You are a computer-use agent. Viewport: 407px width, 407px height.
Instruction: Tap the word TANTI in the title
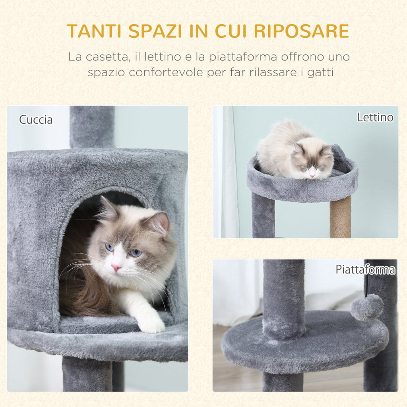click(x=91, y=31)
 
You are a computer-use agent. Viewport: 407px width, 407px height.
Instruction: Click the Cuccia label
click(x=36, y=120)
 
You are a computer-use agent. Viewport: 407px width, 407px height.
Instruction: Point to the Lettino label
click(x=375, y=117)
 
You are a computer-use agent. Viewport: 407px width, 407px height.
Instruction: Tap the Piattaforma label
click(x=365, y=269)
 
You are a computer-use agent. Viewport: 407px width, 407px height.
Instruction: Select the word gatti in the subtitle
click(x=320, y=73)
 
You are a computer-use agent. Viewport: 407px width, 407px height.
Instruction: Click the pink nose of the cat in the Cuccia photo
click(x=116, y=267)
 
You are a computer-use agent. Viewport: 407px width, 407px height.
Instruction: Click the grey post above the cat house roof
click(x=92, y=126)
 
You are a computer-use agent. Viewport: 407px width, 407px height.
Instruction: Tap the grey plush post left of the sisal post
click(x=263, y=217)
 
